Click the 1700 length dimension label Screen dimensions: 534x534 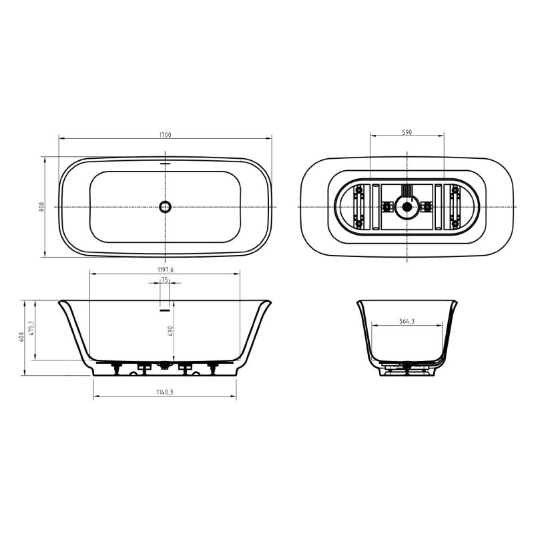(165, 135)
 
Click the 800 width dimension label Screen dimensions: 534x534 (41, 207)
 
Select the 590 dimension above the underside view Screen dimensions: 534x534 (407, 132)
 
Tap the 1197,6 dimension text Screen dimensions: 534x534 (165, 269)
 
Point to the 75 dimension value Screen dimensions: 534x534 (164, 280)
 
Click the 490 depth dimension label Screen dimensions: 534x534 (170, 331)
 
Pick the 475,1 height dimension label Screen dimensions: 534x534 (31, 329)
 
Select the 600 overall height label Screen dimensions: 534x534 (21, 337)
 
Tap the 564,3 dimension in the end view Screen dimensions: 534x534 (407, 321)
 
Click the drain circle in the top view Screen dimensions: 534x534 (165, 207)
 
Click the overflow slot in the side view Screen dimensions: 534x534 (165, 308)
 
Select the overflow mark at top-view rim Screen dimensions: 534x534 (165, 162)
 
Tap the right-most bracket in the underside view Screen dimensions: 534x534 (455, 207)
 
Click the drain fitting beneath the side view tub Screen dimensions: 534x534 (164, 366)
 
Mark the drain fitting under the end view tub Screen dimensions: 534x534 (404, 365)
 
